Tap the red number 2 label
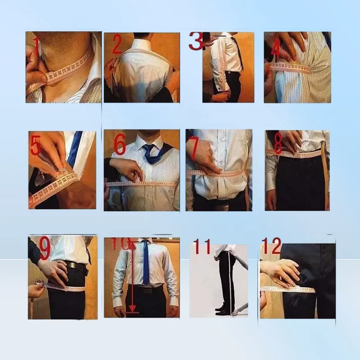coord(117,44)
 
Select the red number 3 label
coord(196,41)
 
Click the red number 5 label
coord(35,145)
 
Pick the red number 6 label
coord(120,144)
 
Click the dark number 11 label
coord(202,246)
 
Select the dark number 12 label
coord(271,246)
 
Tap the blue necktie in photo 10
coord(145,262)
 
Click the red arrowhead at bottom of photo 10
coord(132,308)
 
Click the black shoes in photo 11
coord(222,310)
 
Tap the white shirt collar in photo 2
coord(142,43)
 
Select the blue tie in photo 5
coord(75,147)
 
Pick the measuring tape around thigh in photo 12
coord(288,289)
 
